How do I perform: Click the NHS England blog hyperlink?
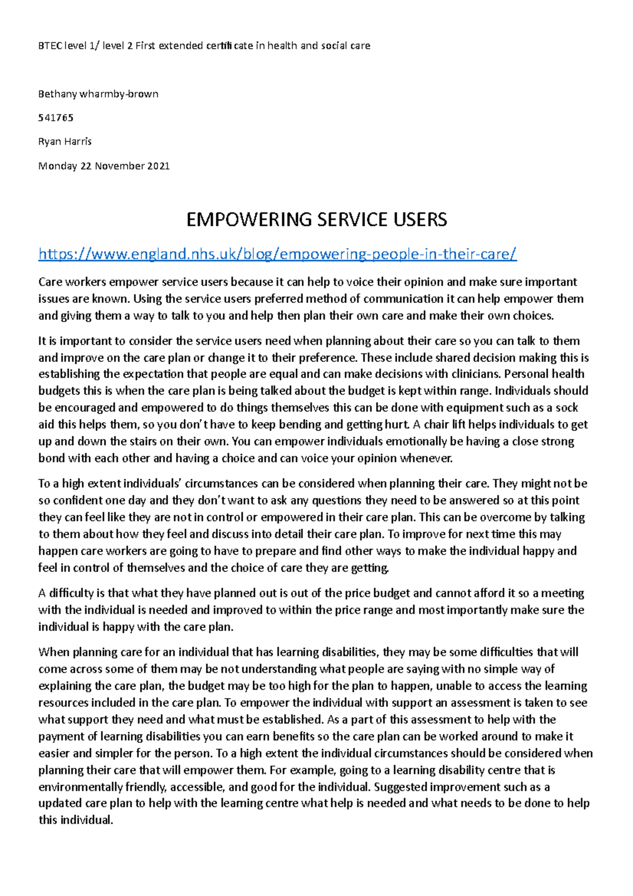277,254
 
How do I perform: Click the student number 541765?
55,118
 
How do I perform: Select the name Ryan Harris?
65,141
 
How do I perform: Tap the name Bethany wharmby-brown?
98,94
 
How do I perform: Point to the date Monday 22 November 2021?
104,166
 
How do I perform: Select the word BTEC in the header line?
50,46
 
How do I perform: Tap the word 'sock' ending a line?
567,408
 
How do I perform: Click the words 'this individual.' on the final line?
76,821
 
